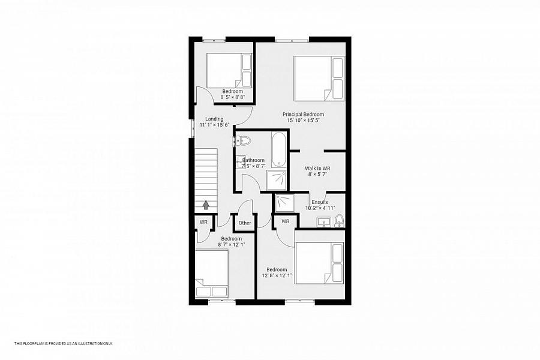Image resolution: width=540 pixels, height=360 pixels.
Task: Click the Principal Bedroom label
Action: click(303, 115)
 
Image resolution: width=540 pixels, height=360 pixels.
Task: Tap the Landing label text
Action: click(214, 119)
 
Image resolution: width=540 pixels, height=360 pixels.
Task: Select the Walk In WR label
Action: click(317, 169)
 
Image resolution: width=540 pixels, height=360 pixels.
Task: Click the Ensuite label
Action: click(320, 202)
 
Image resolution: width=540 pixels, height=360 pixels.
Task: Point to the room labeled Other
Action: click(245, 223)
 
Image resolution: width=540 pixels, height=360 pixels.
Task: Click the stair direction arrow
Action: click(206, 205)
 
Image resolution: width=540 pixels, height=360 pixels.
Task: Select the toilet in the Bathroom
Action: click(243, 140)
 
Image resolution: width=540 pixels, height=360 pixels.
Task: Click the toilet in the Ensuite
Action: click(339, 220)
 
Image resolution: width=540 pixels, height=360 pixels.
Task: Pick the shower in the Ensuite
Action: click(285, 203)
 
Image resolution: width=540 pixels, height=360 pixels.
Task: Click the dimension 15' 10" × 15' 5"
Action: click(304, 121)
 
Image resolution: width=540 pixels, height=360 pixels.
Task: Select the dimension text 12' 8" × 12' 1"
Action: click(277, 275)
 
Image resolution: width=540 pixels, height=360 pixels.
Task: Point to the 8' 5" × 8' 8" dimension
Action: click(232, 97)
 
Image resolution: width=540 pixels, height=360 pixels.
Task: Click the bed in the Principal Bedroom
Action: click(319, 78)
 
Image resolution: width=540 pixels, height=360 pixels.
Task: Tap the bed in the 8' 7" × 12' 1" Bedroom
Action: click(212, 274)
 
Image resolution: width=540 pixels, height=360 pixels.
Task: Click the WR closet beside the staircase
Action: click(203, 222)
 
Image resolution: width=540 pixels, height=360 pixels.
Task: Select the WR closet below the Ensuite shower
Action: click(286, 221)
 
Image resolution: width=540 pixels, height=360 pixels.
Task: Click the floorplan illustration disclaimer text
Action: click(64, 343)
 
